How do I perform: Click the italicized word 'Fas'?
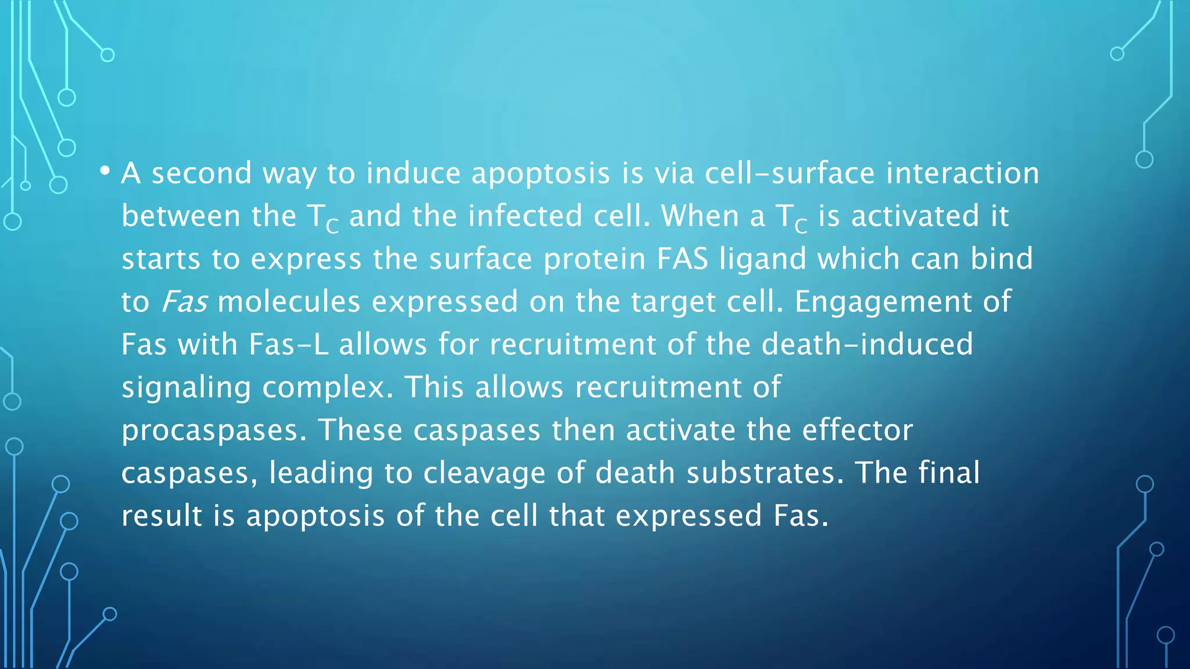pyautogui.click(x=184, y=302)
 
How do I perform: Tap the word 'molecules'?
pyautogui.click(x=289, y=302)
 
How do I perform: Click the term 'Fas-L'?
pyautogui.click(x=289, y=344)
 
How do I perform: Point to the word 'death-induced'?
pyautogui.click(x=867, y=344)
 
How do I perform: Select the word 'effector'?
pyautogui.click(x=857, y=430)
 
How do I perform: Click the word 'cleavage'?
pyautogui.click(x=484, y=473)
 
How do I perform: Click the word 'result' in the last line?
pyautogui.click(x=162, y=516)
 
